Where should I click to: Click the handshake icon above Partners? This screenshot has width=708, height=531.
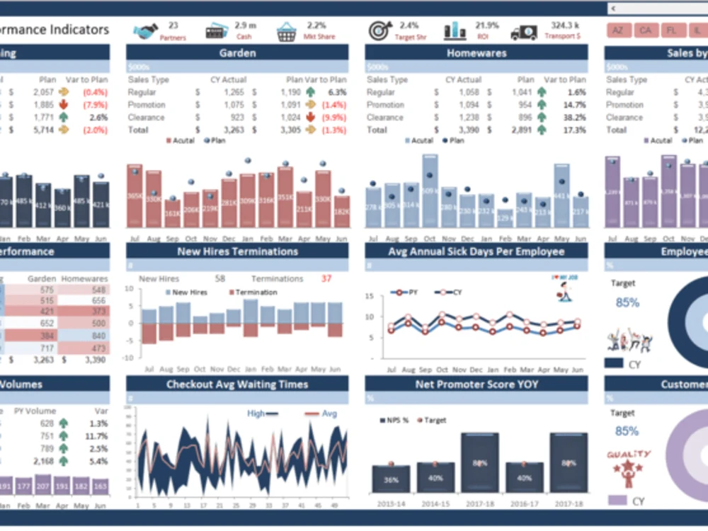[146, 32]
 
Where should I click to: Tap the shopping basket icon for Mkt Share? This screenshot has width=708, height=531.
[287, 32]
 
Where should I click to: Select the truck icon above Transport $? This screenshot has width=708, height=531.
[524, 32]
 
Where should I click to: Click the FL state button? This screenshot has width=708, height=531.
[670, 30]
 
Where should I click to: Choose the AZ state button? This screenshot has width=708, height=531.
[619, 30]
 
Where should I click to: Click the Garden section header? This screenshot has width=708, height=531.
[237, 53]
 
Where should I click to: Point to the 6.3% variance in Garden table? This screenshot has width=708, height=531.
[337, 92]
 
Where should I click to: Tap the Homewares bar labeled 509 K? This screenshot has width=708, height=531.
[430, 191]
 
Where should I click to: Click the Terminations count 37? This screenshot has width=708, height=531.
[326, 278]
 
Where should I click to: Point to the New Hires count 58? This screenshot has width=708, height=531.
[220, 278]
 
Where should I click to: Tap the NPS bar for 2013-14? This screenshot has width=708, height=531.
[391, 479]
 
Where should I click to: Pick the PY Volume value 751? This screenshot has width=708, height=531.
[47, 435]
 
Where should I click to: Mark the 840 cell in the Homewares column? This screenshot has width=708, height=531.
[98, 336]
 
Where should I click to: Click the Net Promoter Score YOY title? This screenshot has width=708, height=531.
[476, 384]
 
